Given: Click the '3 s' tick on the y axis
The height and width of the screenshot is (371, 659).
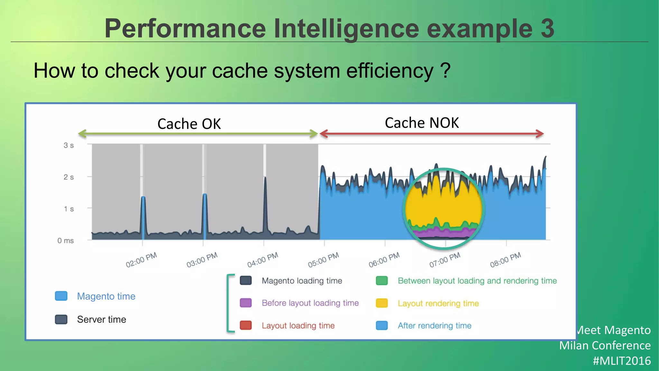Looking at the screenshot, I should point(69,146).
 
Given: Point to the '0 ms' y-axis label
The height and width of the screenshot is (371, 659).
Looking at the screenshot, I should point(66,241).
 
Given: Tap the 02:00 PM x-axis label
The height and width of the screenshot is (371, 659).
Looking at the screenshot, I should point(141,260).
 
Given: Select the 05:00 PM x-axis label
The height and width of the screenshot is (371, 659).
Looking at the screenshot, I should point(323,260).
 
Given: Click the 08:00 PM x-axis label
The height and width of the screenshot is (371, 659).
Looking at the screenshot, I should point(506,260).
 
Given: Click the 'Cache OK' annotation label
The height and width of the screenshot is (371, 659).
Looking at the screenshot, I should point(189,124).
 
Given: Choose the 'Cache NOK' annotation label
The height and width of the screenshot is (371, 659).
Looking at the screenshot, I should point(422,123).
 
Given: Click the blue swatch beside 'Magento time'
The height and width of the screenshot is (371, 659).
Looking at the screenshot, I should point(61,296).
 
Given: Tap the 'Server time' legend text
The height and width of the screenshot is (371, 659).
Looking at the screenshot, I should point(101,319).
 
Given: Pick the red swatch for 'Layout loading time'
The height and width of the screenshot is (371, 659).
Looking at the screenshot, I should point(246,325).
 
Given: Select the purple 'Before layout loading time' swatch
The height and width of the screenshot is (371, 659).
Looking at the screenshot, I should point(246,303).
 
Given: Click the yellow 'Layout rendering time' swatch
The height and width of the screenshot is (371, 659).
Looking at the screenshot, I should point(382,303).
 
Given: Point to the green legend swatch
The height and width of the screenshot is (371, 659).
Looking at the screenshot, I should point(382,281).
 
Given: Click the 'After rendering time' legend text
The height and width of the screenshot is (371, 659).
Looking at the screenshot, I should point(434,326).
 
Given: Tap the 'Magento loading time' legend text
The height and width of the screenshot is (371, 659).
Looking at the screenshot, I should point(302,281).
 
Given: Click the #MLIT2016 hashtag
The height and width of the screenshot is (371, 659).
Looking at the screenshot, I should point(622,361).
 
